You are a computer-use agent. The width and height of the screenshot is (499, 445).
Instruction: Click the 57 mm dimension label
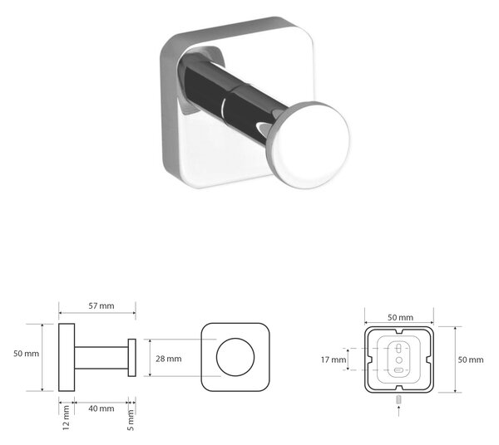tap(101, 306)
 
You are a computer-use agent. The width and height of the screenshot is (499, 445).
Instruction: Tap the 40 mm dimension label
tap(101, 408)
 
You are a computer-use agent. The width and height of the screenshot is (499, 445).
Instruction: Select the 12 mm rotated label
tap(66, 418)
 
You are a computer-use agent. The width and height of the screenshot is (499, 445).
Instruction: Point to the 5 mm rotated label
tap(131, 420)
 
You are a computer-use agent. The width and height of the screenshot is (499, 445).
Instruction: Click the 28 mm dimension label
tap(169, 359)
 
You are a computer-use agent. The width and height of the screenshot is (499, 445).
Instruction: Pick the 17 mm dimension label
tap(333, 359)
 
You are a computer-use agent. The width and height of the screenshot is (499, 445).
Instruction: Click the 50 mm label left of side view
tap(26, 354)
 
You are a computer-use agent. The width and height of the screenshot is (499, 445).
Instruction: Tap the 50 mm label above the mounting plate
tap(400, 317)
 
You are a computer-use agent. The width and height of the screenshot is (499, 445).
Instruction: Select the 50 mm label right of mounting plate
tap(471, 359)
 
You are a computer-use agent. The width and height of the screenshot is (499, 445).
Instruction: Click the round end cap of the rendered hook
tap(308, 144)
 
